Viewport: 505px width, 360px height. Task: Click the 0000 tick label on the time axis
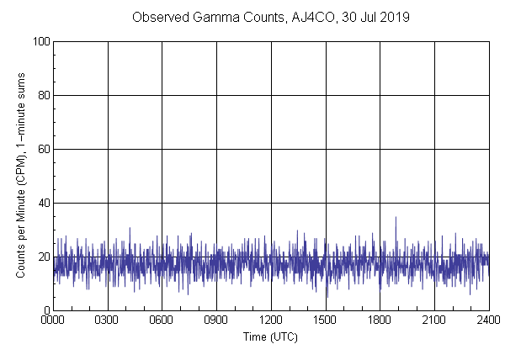click(53, 320)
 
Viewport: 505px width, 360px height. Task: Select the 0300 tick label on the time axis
click(108, 320)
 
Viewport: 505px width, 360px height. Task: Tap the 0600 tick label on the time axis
click(162, 320)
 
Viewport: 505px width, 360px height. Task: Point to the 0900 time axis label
click(216, 320)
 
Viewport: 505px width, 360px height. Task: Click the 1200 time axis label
click(271, 320)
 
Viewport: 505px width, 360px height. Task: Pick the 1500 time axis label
click(326, 320)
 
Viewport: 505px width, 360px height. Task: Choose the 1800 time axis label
click(380, 320)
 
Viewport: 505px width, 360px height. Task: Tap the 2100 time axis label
click(434, 320)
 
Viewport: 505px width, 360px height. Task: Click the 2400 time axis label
click(488, 320)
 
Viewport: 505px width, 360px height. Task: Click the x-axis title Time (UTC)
click(270, 336)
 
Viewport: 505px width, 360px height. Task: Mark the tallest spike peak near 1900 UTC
click(396, 217)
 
